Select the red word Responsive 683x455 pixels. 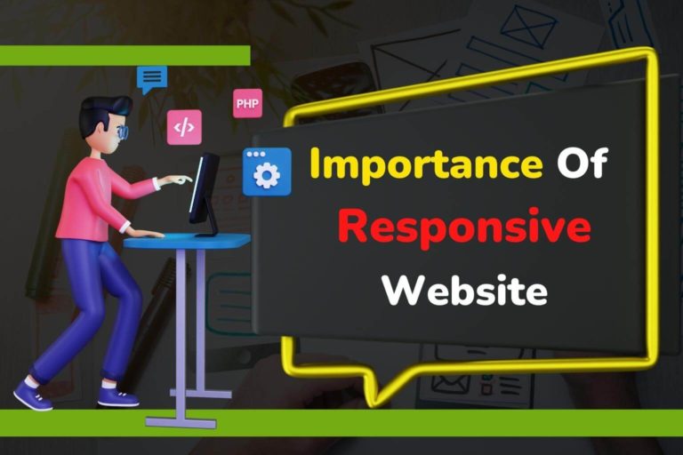tap(464, 228)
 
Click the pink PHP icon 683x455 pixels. tap(247, 103)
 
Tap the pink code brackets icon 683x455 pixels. tap(184, 127)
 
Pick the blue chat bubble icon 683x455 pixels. tap(152, 78)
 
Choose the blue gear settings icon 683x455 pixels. tap(267, 172)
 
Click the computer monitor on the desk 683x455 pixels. tap(205, 190)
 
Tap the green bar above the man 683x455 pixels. tap(125, 55)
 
